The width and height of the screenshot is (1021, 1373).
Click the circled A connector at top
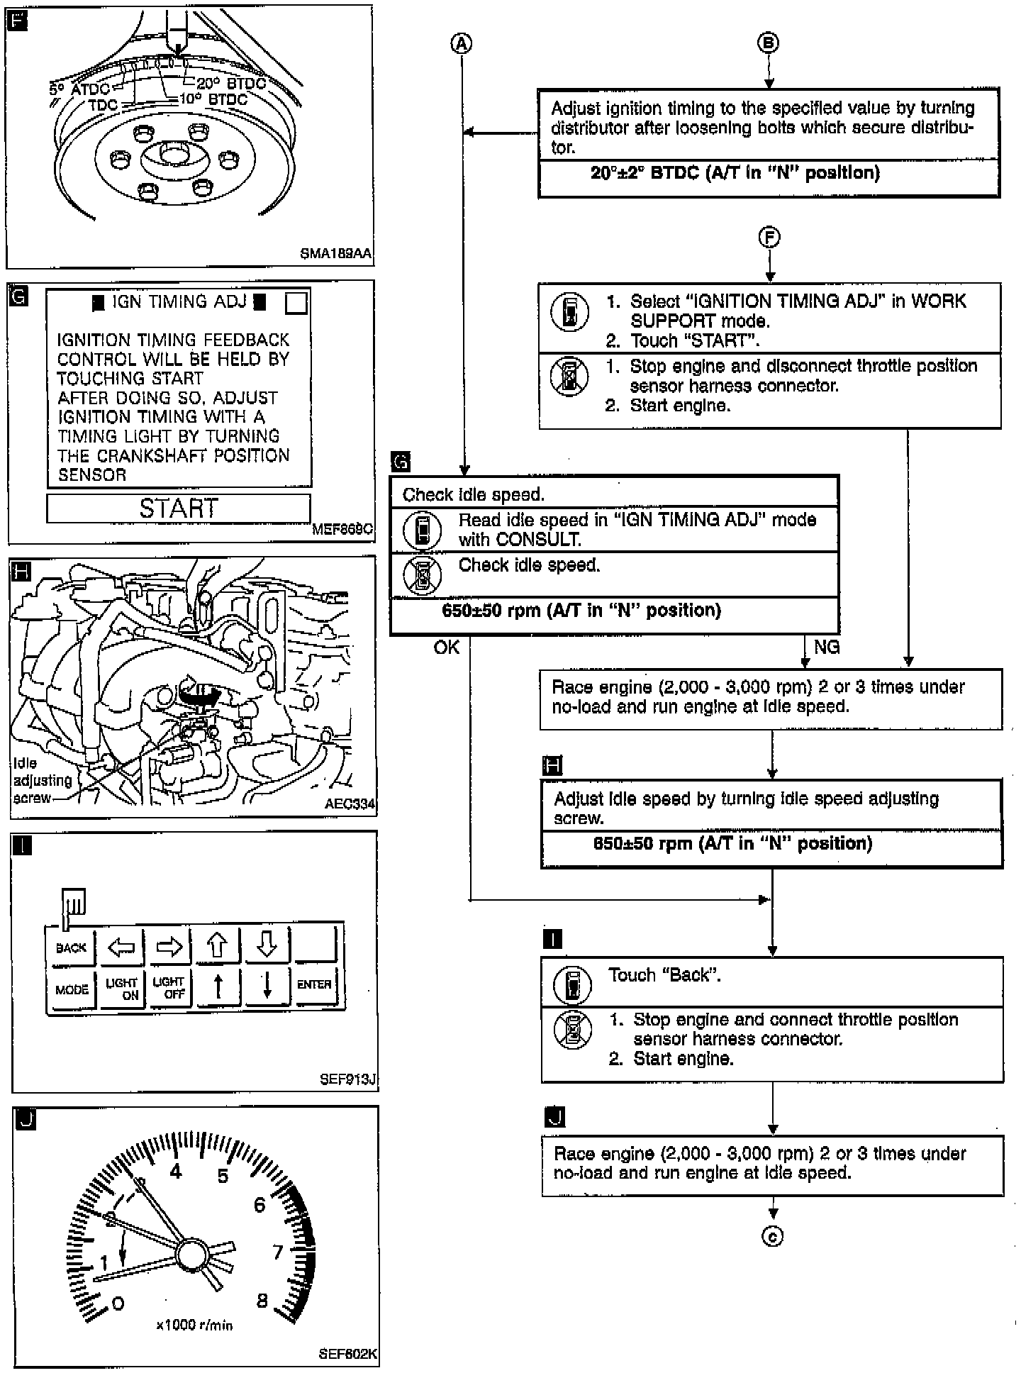462,44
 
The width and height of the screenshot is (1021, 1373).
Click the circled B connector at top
769,43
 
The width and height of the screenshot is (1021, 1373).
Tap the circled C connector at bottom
772,1236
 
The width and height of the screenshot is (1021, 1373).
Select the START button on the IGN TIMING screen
179,508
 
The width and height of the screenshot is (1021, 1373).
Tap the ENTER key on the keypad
314,984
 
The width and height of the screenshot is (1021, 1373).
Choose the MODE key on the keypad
72,989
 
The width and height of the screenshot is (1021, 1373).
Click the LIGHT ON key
122,989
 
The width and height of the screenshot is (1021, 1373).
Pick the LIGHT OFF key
169,987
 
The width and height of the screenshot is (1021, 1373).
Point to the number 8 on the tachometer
262,1301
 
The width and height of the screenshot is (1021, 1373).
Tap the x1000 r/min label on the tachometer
194,1325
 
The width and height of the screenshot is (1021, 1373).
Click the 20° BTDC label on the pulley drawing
231,84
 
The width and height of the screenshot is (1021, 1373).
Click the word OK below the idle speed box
447,647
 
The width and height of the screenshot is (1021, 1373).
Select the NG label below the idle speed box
827,647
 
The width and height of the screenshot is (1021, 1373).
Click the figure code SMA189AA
335,253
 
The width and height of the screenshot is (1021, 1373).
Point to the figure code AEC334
350,804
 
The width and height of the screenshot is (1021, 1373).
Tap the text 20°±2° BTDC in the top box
735,172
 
